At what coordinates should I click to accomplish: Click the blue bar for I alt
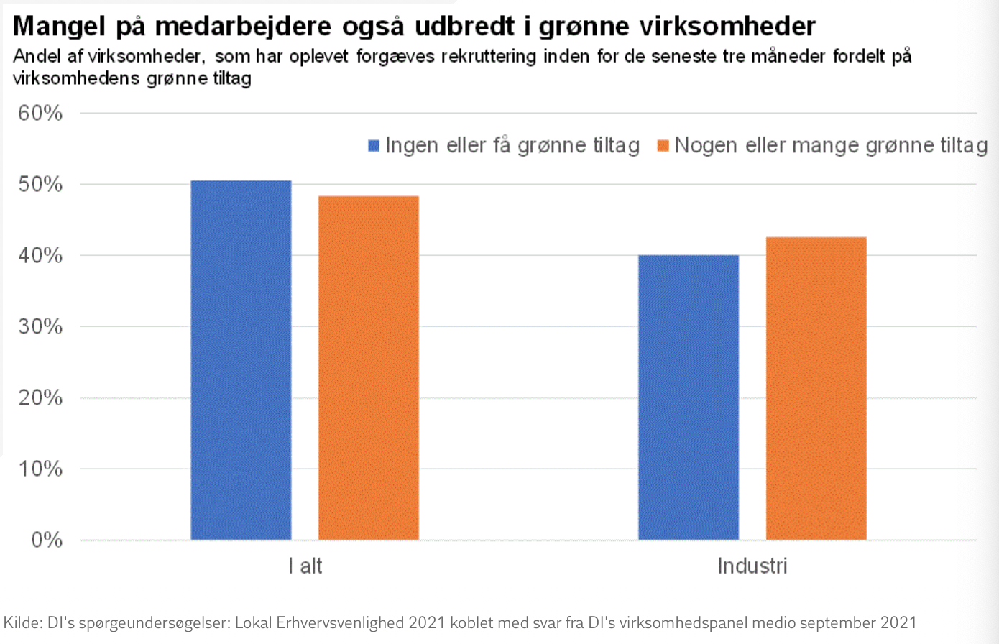241,359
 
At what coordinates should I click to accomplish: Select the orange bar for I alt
368,367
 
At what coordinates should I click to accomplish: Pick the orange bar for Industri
816,388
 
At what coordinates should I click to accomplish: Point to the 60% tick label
40,113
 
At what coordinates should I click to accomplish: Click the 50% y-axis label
40,184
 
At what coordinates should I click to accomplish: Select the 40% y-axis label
40,255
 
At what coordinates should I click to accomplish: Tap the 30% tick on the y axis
40,326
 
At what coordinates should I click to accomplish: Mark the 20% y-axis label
40,397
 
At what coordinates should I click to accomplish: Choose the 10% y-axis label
40,469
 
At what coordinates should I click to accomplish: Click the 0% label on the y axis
46,540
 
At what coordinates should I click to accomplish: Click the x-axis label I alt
305,566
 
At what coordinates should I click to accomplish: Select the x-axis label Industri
752,566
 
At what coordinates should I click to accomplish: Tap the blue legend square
374,146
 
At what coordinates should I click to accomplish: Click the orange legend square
663,146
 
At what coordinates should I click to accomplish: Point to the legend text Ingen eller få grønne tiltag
512,146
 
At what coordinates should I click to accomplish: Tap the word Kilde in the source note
22,622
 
